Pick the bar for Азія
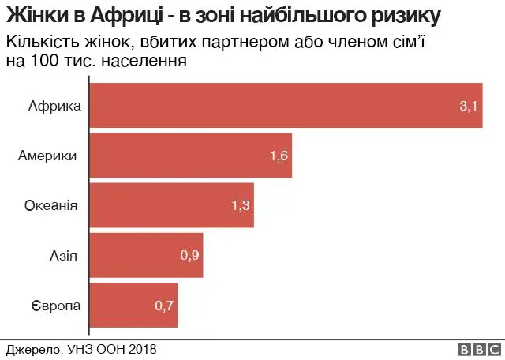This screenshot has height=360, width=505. tap(147, 255)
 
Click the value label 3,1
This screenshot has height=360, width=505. tap(469, 106)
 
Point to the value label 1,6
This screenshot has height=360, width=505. tap(279, 156)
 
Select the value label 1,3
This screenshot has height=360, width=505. tap(241, 205)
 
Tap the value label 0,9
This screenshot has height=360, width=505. tap(190, 255)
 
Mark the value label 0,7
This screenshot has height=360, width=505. tap(164, 305)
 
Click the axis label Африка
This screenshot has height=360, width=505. tap(54, 106)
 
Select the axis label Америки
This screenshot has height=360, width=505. tap(47, 156)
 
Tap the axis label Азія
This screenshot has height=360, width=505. tap(64, 255)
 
